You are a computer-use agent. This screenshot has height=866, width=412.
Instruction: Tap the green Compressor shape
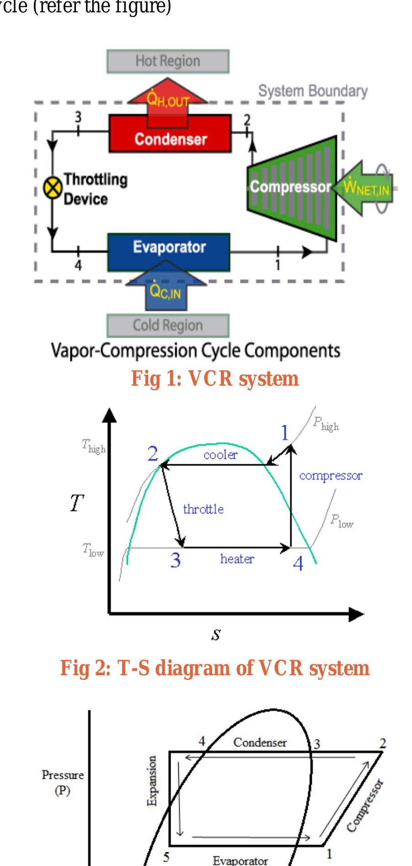291,187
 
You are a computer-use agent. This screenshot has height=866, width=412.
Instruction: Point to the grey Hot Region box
168,61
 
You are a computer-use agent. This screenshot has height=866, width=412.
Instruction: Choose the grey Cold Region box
168,325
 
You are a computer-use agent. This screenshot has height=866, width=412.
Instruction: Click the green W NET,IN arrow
366,188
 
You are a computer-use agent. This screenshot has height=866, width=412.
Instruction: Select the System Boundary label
313,91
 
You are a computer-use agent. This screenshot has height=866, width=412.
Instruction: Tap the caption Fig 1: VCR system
215,379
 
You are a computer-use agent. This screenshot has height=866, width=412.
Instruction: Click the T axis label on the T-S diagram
77,503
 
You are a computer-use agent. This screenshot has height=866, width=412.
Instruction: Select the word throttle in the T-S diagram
203,509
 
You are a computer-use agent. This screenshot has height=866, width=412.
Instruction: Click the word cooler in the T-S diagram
221,455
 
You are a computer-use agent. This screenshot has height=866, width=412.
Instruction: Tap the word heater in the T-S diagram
237,559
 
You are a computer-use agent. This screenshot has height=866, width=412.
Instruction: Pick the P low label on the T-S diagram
342,521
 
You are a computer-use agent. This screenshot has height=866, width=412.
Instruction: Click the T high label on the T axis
94,446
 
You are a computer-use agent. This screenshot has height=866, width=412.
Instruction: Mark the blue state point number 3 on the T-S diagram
176,560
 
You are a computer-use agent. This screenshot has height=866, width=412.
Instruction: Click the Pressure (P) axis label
63,783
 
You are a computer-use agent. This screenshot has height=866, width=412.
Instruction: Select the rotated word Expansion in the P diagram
152,780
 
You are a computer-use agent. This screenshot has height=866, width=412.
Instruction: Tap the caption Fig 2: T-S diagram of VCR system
215,668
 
